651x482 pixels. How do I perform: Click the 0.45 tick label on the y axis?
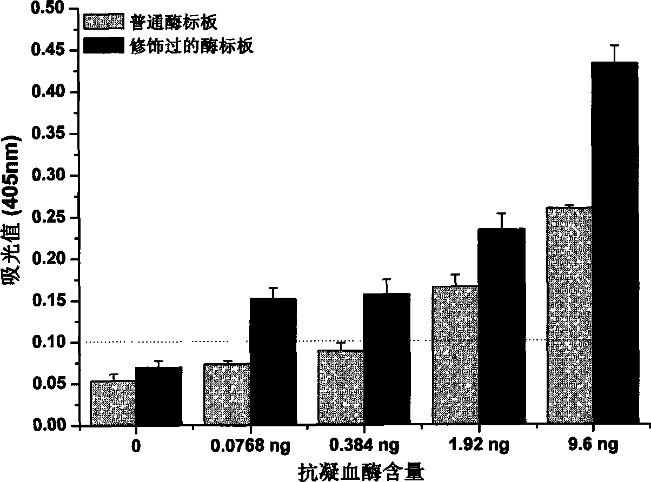tap(48, 50)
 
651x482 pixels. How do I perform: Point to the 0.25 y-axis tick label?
tap(48, 217)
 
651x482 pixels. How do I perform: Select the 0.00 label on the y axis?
tap(48, 425)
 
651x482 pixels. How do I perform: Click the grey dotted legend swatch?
tap(103, 22)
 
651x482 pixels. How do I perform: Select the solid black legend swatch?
tap(103, 45)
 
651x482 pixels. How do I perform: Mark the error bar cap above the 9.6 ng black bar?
tap(615, 45)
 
